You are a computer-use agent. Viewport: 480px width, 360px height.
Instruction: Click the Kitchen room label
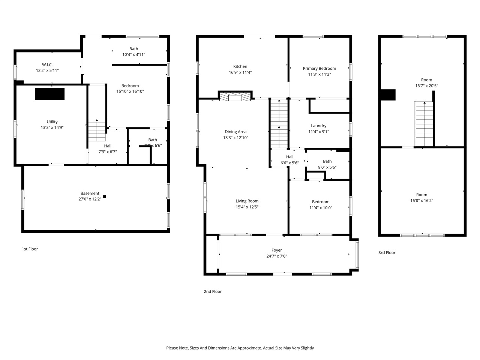[240, 66]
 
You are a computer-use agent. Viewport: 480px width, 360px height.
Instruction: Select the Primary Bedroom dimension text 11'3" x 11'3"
[319, 74]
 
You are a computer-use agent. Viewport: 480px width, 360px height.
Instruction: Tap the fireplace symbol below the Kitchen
[235, 97]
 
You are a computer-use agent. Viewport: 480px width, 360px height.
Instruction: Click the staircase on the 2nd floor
[279, 124]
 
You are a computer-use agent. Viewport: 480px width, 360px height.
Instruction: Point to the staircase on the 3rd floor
[424, 124]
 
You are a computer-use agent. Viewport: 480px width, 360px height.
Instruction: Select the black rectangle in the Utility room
[50, 94]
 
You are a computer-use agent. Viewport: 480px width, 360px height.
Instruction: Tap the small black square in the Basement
[105, 196]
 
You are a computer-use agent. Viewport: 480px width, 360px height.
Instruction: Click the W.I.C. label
[47, 64]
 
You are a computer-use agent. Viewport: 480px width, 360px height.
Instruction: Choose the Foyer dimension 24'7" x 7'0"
[276, 256]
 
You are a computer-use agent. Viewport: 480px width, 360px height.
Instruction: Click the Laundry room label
[318, 126]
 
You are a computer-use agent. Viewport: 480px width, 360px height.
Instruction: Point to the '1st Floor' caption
[30, 249]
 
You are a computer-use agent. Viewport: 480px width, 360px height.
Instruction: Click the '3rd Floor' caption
[387, 253]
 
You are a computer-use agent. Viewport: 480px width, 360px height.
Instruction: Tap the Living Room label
[247, 201]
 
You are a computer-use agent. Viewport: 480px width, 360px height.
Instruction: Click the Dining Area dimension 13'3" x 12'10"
[235, 138]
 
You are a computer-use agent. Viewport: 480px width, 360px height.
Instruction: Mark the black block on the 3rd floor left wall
[388, 94]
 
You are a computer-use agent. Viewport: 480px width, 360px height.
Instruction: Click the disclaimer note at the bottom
[240, 348]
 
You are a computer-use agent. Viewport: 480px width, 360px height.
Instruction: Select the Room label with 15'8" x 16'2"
[421, 195]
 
